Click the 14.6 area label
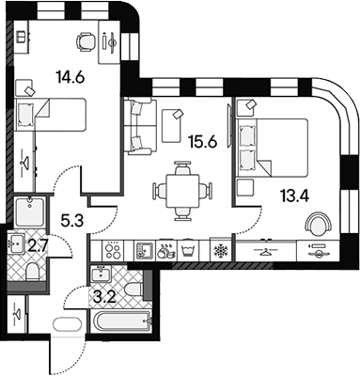(70, 77)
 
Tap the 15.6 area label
(203, 143)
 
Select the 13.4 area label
(295, 196)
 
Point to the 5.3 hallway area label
(71, 221)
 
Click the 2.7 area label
(38, 245)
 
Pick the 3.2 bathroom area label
(105, 296)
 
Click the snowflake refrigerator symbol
(220, 251)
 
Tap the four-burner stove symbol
(113, 251)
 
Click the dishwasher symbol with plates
(166, 251)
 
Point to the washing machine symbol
(189, 251)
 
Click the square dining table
(182, 191)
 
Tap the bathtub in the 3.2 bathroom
(122, 321)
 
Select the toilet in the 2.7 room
(32, 272)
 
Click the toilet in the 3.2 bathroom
(133, 288)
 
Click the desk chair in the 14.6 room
(86, 41)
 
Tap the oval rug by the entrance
(68, 323)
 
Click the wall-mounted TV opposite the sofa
(229, 124)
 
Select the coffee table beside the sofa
(171, 125)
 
